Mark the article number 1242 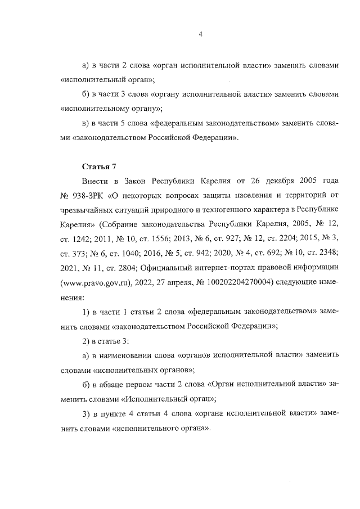(82, 239)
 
